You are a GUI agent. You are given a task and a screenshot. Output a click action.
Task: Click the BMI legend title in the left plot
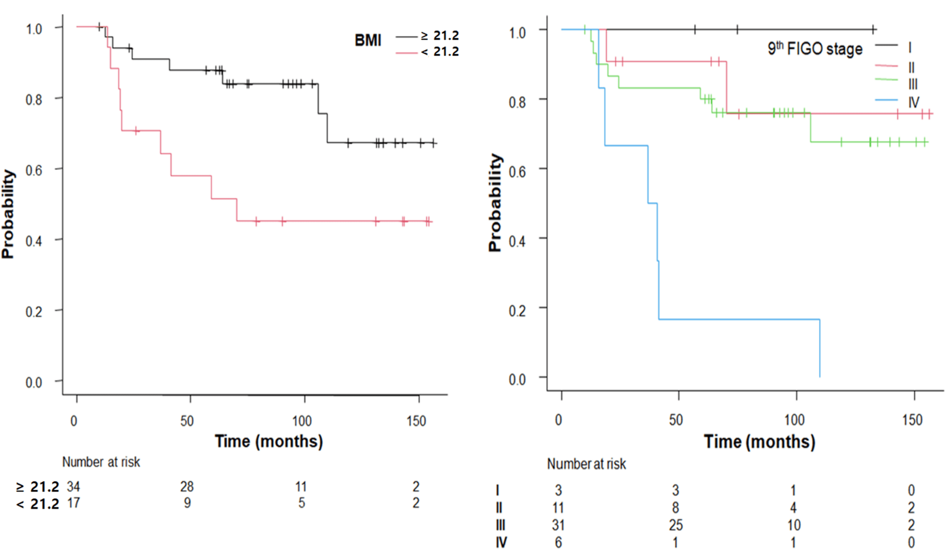point(368,40)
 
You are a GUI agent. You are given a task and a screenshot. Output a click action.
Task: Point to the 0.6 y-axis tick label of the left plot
point(34,170)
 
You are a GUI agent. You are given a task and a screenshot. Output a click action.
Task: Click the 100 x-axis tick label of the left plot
point(302,421)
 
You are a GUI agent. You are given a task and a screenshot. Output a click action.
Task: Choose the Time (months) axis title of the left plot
point(269,441)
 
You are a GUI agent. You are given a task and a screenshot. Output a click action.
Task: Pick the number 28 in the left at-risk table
point(187,487)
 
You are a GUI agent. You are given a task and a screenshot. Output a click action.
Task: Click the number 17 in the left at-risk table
point(73,503)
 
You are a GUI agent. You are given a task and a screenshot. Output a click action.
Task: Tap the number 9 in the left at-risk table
point(187,503)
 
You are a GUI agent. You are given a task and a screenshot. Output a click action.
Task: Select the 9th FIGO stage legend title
point(815,48)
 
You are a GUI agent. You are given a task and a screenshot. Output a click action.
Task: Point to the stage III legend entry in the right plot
point(913,84)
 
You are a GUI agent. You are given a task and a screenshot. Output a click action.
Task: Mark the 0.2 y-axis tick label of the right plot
point(517,311)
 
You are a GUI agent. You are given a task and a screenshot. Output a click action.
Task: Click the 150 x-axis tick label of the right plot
point(912,420)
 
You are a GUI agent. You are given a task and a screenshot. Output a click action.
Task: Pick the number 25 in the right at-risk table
point(675,525)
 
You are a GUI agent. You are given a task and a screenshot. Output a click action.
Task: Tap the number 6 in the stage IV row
point(559,542)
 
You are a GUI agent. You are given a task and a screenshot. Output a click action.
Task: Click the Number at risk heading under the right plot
point(586,464)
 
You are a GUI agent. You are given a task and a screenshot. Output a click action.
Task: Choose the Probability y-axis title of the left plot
point(8,214)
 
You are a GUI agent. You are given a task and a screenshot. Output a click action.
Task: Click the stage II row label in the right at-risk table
point(499,508)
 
